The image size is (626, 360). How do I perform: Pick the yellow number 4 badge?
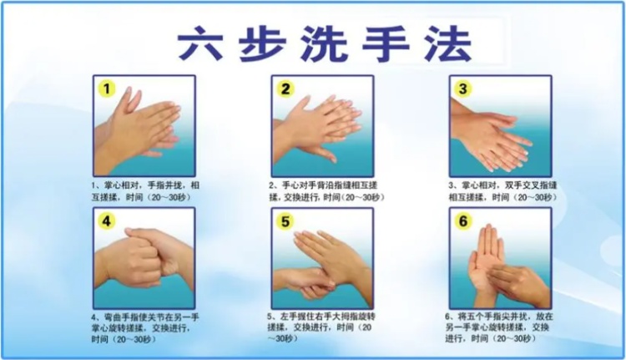[107, 221]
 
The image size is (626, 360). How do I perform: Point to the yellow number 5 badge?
[286, 221]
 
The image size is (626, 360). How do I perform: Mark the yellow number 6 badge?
[465, 221]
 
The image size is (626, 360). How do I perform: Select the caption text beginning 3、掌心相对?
[502, 190]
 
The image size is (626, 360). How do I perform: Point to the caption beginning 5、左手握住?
[322, 327]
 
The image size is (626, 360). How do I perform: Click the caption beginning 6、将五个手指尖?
[502, 327]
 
